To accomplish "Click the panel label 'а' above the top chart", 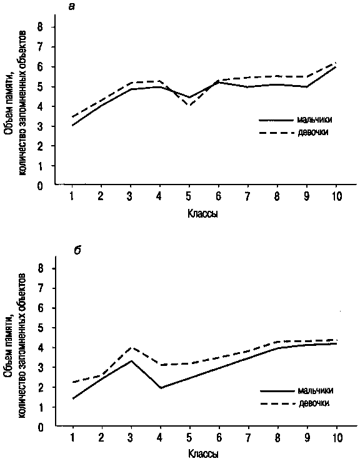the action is pos(71,6).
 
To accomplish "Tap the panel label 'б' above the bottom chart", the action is pos(77,250).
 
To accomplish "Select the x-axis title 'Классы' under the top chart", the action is pos(202,213).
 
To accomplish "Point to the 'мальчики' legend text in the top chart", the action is pos(315,119).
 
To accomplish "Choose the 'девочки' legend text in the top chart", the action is pos(313,133).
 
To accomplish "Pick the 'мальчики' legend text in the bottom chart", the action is pos(316,390).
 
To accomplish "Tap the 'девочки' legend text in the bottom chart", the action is pos(314,403).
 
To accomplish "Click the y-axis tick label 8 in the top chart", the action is pos(40,27).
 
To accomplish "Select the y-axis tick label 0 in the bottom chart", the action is pos(40,427).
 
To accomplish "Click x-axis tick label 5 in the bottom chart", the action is pos(189,438).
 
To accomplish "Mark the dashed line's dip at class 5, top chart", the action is pos(189,106).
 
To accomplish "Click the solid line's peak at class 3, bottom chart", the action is pos(131,361).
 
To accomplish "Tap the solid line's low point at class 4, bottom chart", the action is pos(161,388).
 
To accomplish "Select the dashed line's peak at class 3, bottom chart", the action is pos(131,348).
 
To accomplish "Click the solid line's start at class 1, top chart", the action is pos(72,125).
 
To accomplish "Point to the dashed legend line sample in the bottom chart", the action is pos(277,403).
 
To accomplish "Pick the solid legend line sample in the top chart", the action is pos(276,120).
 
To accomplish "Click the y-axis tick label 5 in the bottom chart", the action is pos(40,328).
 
